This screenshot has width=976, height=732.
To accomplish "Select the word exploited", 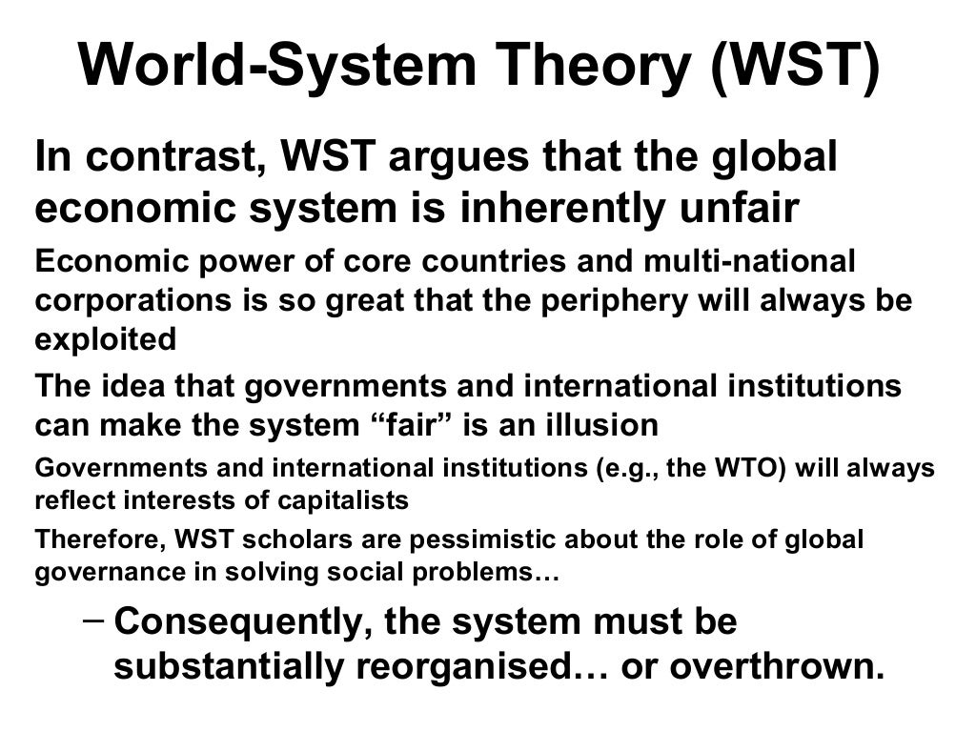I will click(x=106, y=339).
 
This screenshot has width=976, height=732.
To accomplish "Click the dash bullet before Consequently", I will click(x=92, y=618).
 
